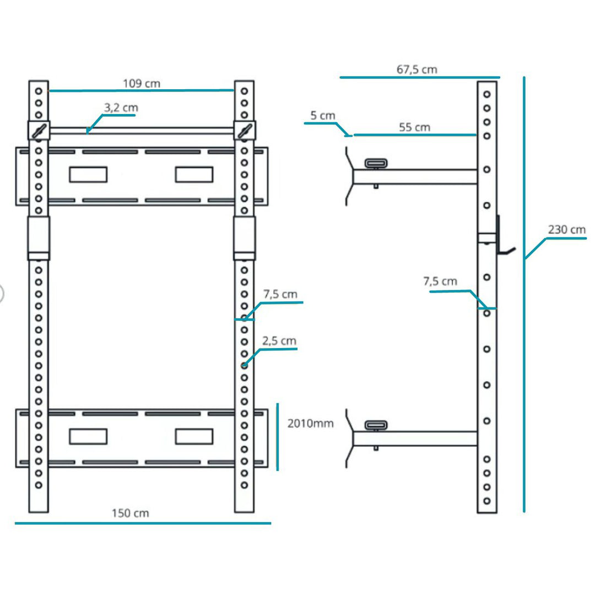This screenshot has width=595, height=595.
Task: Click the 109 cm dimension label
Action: pyautogui.click(x=142, y=84)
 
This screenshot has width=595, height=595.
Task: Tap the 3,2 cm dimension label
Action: pyautogui.click(x=121, y=108)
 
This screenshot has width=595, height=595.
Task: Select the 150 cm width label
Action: pyautogui.click(x=131, y=513)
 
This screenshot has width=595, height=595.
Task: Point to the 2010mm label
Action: pyautogui.click(x=311, y=424)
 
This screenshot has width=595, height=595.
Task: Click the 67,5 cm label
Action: pyautogui.click(x=416, y=69)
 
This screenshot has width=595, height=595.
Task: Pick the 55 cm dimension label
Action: pyautogui.click(x=414, y=127)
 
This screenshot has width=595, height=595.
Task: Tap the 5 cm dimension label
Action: pyautogui.click(x=323, y=116)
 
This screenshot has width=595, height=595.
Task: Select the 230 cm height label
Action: pyautogui.click(x=567, y=230)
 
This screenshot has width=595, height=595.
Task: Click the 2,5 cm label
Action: pyautogui.click(x=279, y=341)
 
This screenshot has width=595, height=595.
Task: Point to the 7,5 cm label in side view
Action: pyautogui.click(x=440, y=282)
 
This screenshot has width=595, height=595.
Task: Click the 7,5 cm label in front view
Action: pyautogui.click(x=280, y=294)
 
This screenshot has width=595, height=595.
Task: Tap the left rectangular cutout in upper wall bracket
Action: pyautogui.click(x=88, y=174)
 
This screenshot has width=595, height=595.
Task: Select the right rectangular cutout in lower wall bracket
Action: pyautogui.click(x=194, y=436)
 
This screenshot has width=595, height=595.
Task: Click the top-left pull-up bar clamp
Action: pyautogui.click(x=39, y=131)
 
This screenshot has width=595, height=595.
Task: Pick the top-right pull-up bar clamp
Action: pyautogui.click(x=244, y=131)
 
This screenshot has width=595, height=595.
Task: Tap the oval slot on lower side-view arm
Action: pyautogui.click(x=376, y=425)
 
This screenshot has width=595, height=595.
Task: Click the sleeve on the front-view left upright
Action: pyautogui.click(x=39, y=237)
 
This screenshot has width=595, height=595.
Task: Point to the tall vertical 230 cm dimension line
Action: pyautogui.click(x=524, y=331)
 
